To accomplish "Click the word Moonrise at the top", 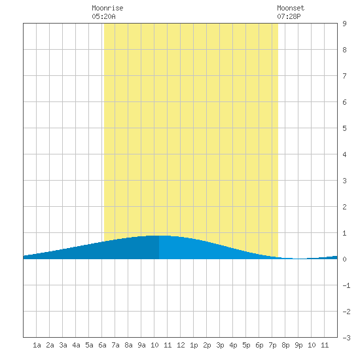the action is pos(107,8).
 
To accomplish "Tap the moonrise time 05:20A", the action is pos(103,16).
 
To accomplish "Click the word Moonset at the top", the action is pos(291,8).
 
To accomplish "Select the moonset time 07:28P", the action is pos(289,16).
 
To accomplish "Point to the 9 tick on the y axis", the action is pos(344,24).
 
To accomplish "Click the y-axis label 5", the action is pos(344,128).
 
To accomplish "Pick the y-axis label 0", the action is pos(344,259).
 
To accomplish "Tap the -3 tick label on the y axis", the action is pos(346,338).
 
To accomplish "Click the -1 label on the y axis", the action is pos(346,285).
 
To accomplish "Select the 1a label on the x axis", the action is pos(37,345).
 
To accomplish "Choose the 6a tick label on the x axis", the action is pos(102,345).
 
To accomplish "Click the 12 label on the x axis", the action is pos(181,345).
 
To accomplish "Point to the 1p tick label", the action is pos(194,345).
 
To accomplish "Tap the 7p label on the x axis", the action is pos(272,345).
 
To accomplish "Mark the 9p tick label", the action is pos(298,345).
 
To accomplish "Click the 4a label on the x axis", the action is pos(76,345).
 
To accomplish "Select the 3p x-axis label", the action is pos(220,345).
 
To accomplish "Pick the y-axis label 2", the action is pos(344,207).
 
